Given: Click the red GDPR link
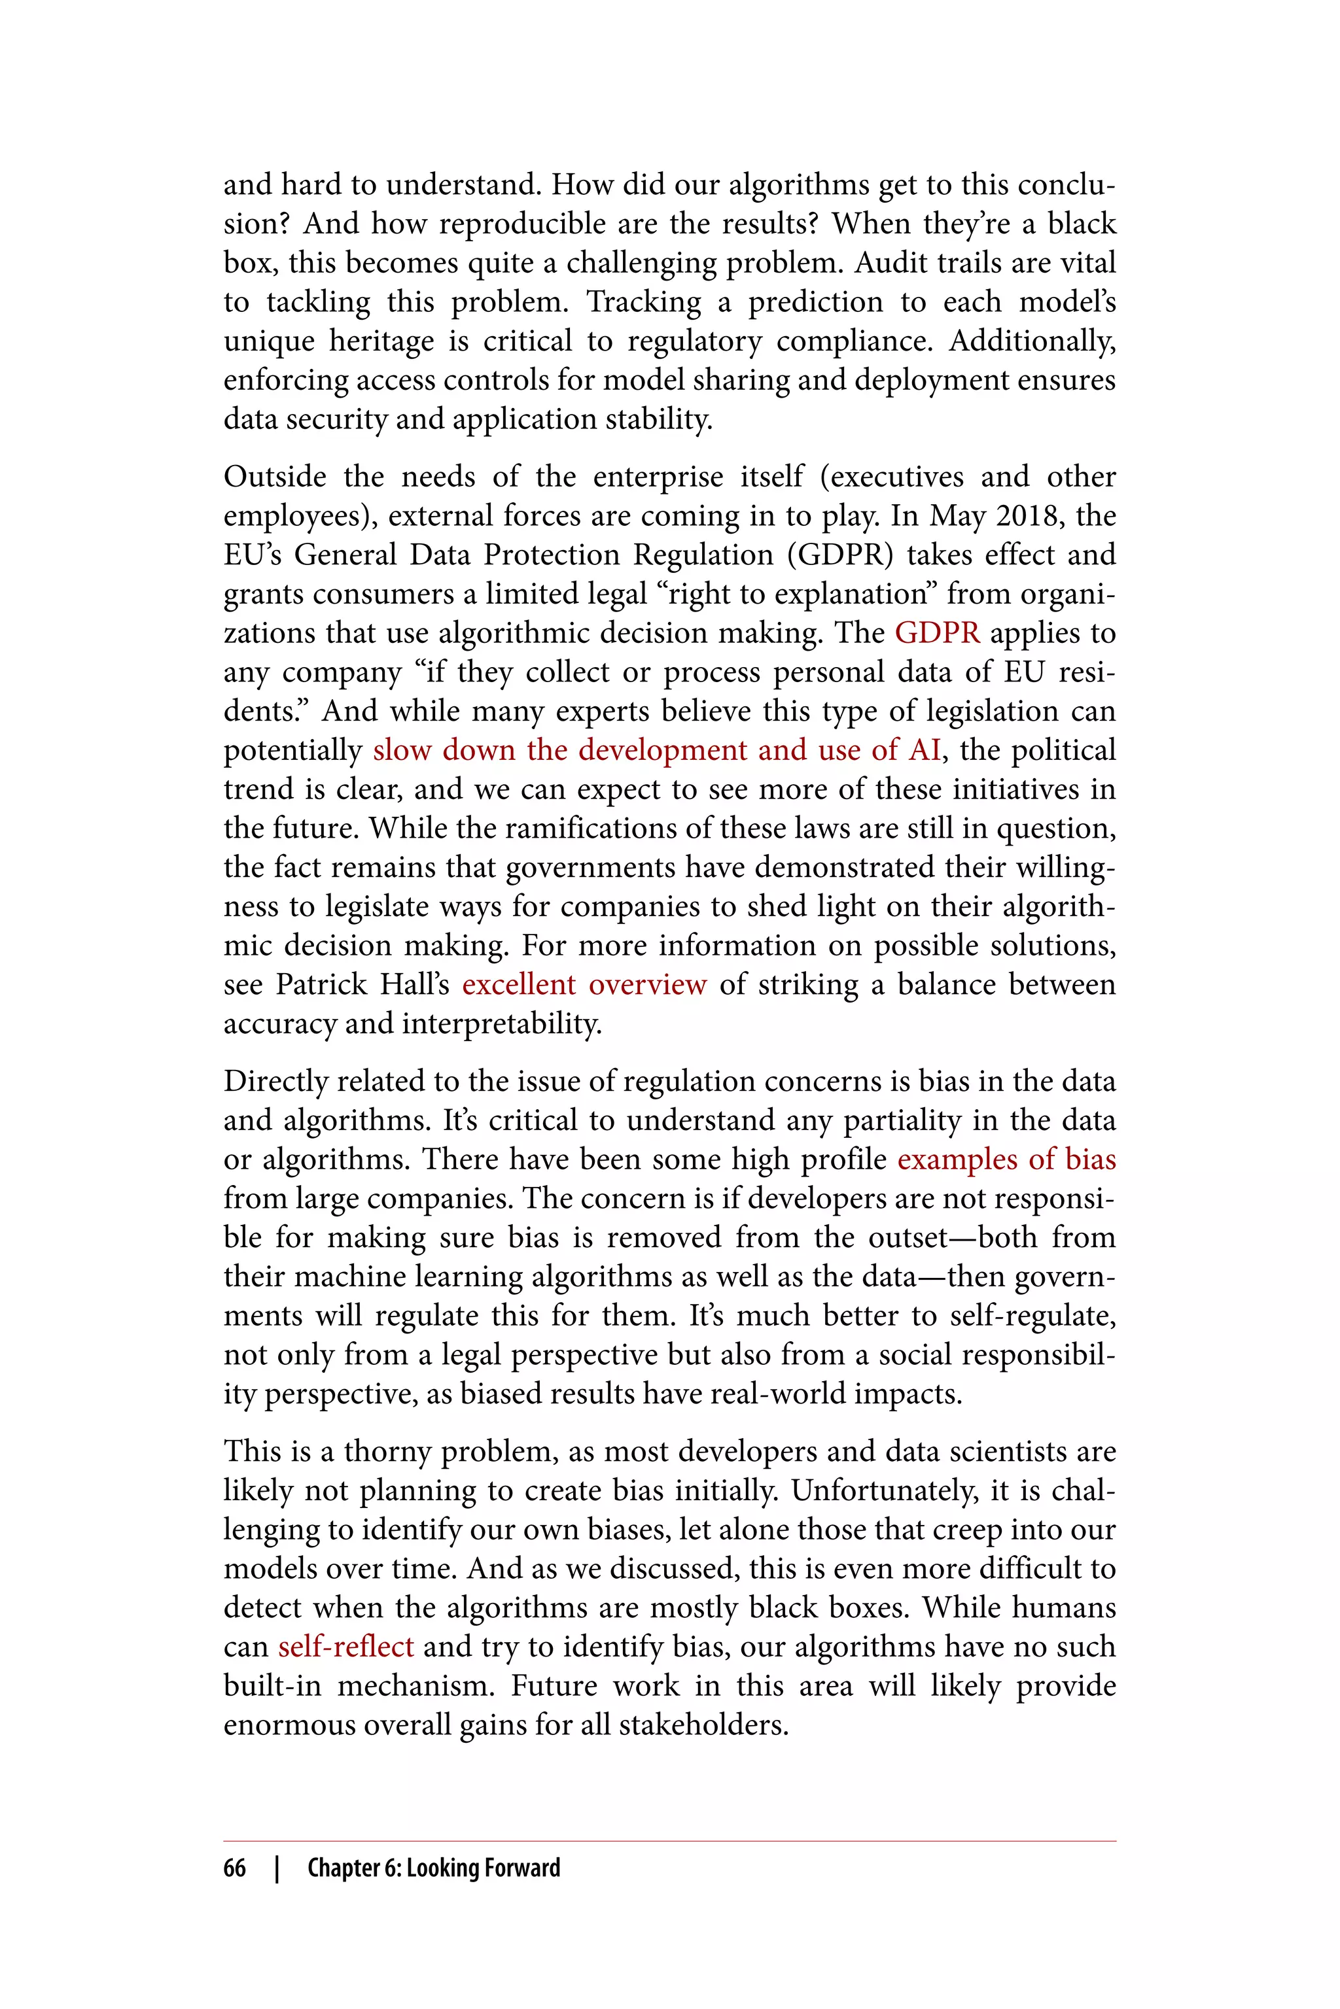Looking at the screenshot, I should coord(937,633).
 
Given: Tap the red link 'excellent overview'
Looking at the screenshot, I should coord(584,985).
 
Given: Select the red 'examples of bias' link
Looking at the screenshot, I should coord(1006,1159).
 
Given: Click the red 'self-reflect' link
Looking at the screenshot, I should coord(345,1646).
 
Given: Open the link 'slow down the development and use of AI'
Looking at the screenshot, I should coord(656,750).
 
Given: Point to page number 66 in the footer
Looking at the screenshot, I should coord(234,1868).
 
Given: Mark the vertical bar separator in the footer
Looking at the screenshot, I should coord(277,1868).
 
